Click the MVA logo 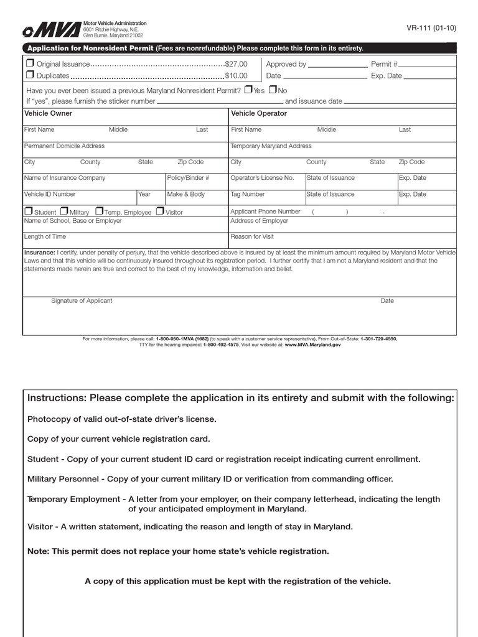(x=52, y=30)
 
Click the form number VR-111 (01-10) (x=431, y=27)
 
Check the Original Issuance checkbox (x=29, y=63)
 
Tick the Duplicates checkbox (x=29, y=75)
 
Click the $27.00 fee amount (x=236, y=64)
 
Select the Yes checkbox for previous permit (x=248, y=90)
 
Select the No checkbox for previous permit (x=272, y=90)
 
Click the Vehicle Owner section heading (x=48, y=113)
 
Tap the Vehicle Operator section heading (x=259, y=113)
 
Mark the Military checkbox (x=63, y=212)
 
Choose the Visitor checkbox (x=160, y=212)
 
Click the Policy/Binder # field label (x=188, y=178)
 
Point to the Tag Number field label (x=247, y=194)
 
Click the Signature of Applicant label (x=82, y=301)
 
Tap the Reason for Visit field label (x=251, y=237)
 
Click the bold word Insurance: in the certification (x=39, y=253)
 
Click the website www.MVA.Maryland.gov (x=312, y=344)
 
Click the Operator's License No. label (x=262, y=178)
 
